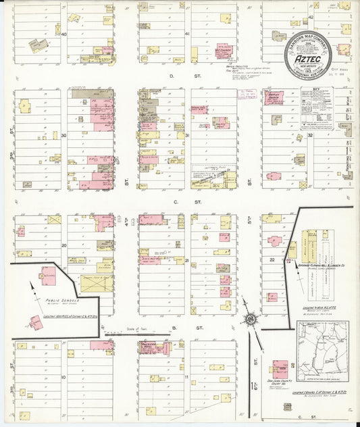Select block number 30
64,135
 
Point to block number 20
64,245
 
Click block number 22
272,259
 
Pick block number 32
310,135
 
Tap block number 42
311,17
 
